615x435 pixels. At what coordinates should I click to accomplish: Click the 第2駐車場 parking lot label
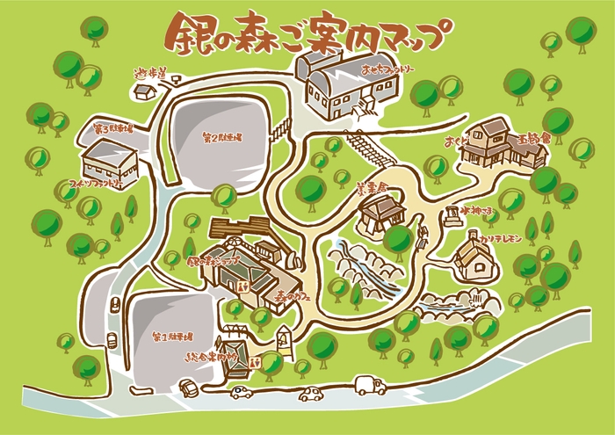221,139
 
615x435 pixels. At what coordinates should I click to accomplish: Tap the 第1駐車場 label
170,337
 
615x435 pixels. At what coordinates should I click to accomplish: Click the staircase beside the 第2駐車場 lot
281,132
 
